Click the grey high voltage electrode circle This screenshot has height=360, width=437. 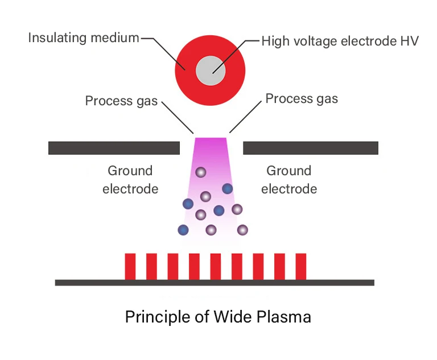coord(211,72)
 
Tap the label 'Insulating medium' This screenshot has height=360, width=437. coord(84,38)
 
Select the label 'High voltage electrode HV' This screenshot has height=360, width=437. coord(340,41)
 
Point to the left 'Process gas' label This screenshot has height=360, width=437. coord(121,101)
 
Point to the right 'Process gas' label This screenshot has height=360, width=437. coord(302,98)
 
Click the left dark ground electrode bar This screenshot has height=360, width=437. coord(114,148)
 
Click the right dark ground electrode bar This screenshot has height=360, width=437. coord(311,148)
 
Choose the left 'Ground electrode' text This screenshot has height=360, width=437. coord(130,180)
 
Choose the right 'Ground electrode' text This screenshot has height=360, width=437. coord(289,180)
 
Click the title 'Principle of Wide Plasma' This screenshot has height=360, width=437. coord(218,316)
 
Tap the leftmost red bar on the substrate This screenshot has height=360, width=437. coord(130,266)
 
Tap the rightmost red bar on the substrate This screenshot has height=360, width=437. coord(301,266)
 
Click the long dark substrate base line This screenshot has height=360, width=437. coord(215,282)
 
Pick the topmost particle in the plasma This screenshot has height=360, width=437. coord(200,172)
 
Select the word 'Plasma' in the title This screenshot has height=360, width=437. coord(286,316)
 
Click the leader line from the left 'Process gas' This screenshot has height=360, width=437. coord(178,118)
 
